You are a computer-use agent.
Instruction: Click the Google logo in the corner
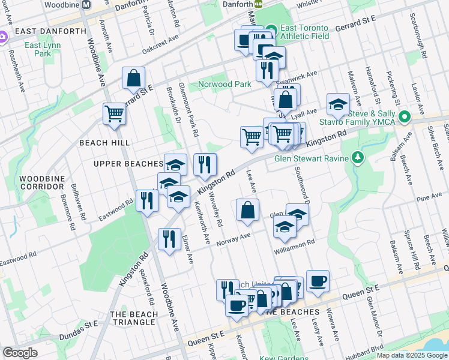click(20, 353)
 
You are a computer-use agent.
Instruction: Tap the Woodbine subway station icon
click(86, 4)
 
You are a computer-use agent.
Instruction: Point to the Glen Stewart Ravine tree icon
click(358, 158)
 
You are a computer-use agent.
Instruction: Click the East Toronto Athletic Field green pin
click(271, 28)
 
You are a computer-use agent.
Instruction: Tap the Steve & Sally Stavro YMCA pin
click(405, 116)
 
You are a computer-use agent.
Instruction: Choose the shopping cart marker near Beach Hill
click(114, 112)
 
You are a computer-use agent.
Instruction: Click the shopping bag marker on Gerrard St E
click(133, 77)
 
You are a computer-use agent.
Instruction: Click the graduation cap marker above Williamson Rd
click(284, 226)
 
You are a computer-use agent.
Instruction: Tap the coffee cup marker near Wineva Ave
click(317, 280)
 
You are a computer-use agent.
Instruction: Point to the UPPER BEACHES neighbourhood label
click(128, 163)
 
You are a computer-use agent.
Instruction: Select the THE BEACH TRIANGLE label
click(134, 318)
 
